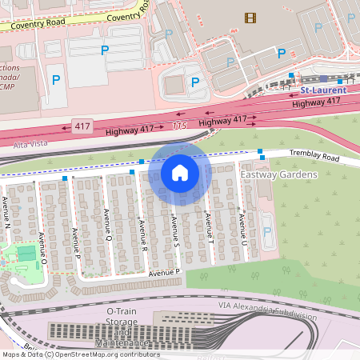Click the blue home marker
pyautogui.click(x=180, y=172)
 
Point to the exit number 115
pyautogui.click(x=178, y=126)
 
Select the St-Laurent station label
pyautogui.click(x=318, y=90)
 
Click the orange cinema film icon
pyautogui.click(x=251, y=18)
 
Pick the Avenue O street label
pyautogui.click(x=44, y=250)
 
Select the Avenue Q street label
pyautogui.click(x=107, y=225)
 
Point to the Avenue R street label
pyautogui.click(x=144, y=235)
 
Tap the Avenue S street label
pyautogui.click(x=174, y=230)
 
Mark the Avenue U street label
pyautogui.click(x=241, y=229)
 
